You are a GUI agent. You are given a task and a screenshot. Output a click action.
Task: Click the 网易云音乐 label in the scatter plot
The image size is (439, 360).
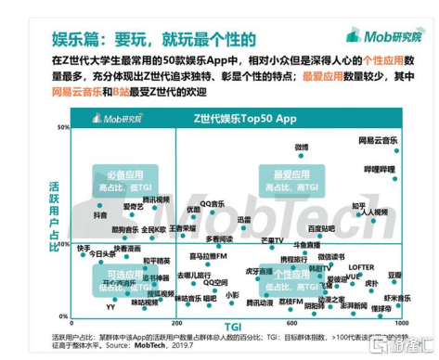(x=378, y=140)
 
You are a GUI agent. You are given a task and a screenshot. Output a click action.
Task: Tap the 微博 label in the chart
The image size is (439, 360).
(x=302, y=148)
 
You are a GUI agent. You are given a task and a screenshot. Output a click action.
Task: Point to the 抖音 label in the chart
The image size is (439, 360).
(x=100, y=214)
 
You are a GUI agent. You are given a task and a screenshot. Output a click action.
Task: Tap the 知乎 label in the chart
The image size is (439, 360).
(x=358, y=206)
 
